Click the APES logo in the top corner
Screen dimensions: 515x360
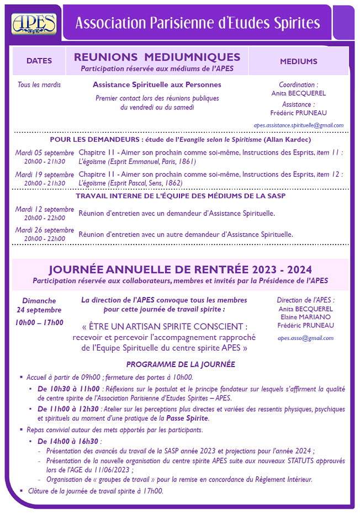pyautogui.click(x=34, y=23)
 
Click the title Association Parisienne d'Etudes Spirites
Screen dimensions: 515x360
pyautogui.click(x=197, y=23)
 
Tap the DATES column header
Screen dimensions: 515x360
pyautogui.click(x=39, y=61)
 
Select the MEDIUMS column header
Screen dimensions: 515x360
pyautogui.click(x=299, y=61)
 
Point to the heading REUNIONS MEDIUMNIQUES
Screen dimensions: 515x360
pyautogui.click(x=157, y=57)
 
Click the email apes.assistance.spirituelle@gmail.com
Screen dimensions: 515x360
pyautogui.click(x=299, y=125)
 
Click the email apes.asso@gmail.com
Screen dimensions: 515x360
pyautogui.click(x=305, y=338)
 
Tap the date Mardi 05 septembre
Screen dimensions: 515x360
pyautogui.click(x=45, y=152)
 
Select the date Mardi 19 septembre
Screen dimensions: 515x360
pyautogui.click(x=45, y=174)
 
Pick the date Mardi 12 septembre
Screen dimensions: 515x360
pyautogui.click(x=45, y=209)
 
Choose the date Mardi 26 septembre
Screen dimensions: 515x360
pyautogui.click(x=45, y=230)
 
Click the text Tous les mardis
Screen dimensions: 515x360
pyautogui.click(x=39, y=85)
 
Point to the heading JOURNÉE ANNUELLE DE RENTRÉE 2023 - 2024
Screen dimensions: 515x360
pyautogui.click(x=180, y=270)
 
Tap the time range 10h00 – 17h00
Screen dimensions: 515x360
pyautogui.click(x=40, y=323)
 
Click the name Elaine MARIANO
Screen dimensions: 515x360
pyautogui.click(x=305, y=317)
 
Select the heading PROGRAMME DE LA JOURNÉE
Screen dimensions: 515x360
pyautogui.click(x=181, y=364)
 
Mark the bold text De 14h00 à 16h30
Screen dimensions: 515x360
pyautogui.click(x=68, y=442)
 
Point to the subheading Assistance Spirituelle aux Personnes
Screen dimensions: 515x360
pyautogui.click(x=157, y=85)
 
